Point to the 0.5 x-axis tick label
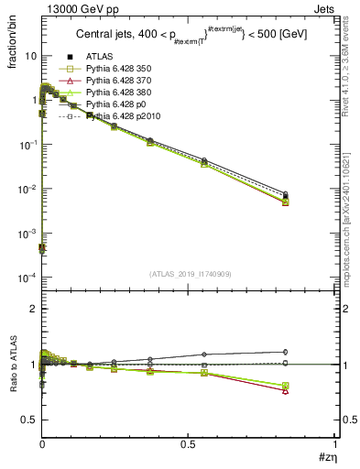[188, 444]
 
